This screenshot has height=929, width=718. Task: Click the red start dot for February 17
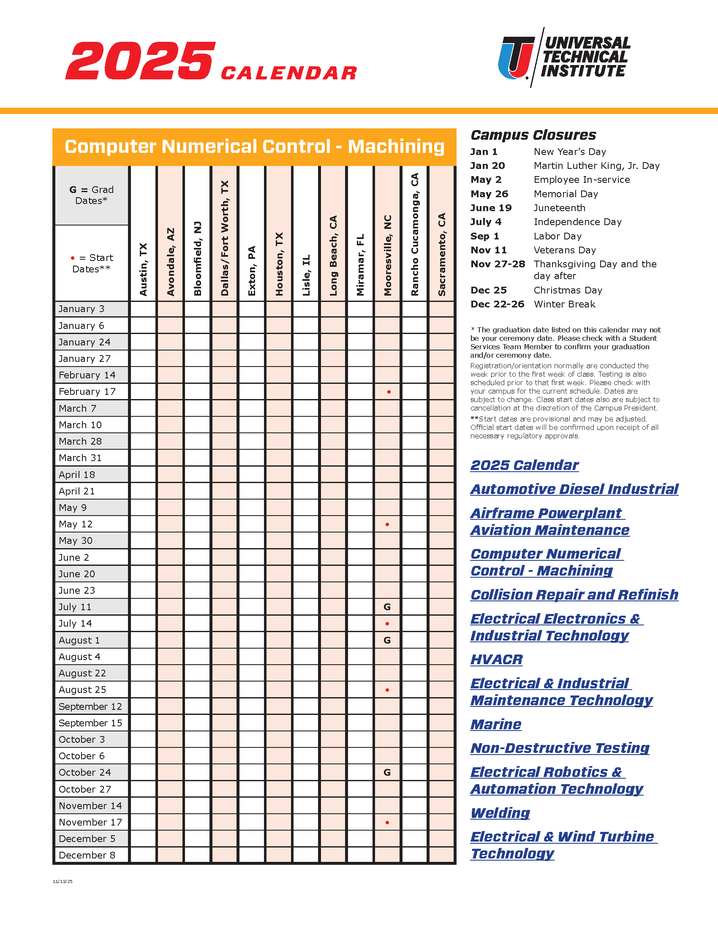389,392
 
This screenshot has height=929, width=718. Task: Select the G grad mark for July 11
387,607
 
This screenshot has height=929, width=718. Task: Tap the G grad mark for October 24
387,772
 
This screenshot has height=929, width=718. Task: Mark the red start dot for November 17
387,823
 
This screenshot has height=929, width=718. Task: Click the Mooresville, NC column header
387,255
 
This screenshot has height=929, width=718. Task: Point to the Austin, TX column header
143,269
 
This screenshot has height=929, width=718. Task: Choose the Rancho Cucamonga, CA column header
415,234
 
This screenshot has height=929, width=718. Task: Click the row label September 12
90,706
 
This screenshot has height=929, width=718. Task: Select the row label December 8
87,856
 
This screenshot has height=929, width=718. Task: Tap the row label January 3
81,309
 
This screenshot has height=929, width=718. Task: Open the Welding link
500,813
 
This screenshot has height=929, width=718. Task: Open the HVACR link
496,659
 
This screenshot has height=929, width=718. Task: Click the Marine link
496,724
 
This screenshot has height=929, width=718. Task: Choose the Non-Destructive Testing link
560,748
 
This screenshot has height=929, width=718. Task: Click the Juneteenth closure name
559,208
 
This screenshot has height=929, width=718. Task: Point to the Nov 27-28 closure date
498,264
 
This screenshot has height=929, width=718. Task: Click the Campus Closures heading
533,135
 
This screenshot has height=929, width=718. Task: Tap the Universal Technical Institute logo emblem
516,57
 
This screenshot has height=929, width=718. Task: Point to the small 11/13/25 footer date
63,882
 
